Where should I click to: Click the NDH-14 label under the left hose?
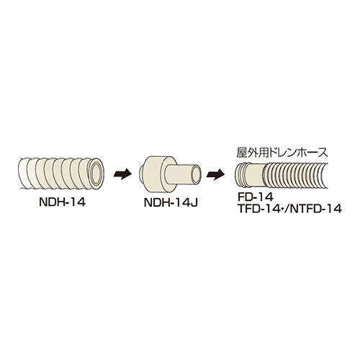click(62, 202)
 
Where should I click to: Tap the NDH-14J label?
click(171, 203)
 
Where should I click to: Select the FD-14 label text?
click(255, 197)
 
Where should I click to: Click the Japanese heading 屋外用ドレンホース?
click(282, 153)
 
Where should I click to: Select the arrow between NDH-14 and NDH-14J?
click(122, 174)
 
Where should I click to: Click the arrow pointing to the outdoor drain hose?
click(215, 174)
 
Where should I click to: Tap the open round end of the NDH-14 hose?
click(96, 173)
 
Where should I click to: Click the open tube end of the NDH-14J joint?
click(195, 174)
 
